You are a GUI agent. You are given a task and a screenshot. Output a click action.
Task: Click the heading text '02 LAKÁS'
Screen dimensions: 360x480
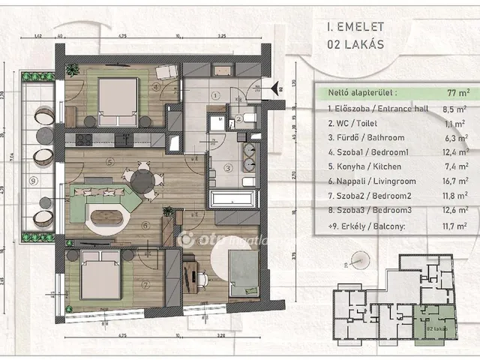click(x=355, y=43)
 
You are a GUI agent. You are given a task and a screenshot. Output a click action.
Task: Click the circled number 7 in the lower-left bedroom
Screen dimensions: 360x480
click(x=145, y=283)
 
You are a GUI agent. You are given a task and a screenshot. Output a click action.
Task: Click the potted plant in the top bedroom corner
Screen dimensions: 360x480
click(x=71, y=70)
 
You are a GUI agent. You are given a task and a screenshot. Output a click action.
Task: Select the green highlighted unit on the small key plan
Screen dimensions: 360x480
click(x=435, y=319)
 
